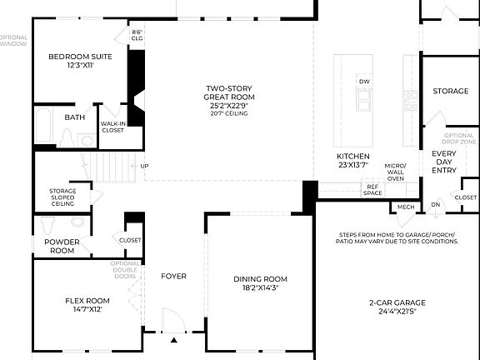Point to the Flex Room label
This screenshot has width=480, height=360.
[x=87, y=305]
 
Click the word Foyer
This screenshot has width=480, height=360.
[x=174, y=277]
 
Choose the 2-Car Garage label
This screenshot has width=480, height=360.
[x=397, y=307]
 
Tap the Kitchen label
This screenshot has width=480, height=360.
[x=352, y=161]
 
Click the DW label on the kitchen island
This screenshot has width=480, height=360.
[x=364, y=82]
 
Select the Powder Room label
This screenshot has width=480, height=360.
[x=55, y=246]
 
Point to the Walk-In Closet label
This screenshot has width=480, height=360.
[x=112, y=127]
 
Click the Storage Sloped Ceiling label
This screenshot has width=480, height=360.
[x=63, y=197]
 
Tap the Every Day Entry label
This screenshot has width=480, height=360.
[x=443, y=162]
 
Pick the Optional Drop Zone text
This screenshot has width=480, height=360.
[x=459, y=138]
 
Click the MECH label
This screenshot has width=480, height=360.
[x=406, y=207]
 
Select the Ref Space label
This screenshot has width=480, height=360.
[x=372, y=191]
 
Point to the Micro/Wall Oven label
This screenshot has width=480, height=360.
[x=395, y=172]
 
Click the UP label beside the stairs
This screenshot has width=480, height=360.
[x=145, y=165]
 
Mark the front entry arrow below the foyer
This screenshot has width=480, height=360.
[x=174, y=341]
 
